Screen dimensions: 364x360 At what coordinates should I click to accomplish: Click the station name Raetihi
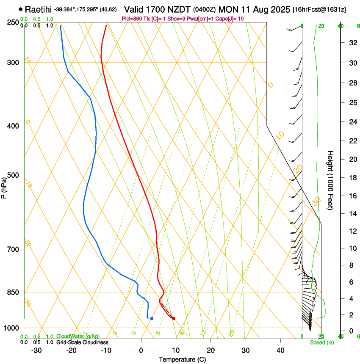tap(38, 9)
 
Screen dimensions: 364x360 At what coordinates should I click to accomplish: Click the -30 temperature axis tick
tap(36, 350)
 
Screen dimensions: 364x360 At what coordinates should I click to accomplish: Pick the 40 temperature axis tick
tap(280, 350)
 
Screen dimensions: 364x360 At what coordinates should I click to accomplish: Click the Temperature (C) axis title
tap(182, 359)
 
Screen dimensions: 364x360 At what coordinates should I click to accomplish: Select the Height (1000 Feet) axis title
tap(331, 180)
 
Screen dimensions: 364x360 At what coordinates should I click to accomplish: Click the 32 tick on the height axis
tap(352, 43)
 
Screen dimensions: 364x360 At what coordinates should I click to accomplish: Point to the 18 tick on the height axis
tap(352, 178)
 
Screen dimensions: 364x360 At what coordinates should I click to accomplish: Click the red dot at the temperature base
tap(174, 318)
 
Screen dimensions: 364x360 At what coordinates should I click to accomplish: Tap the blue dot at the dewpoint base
tap(152, 318)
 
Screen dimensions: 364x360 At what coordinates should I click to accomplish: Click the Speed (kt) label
tap(322, 342)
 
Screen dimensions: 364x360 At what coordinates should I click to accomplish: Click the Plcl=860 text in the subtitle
tap(131, 19)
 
